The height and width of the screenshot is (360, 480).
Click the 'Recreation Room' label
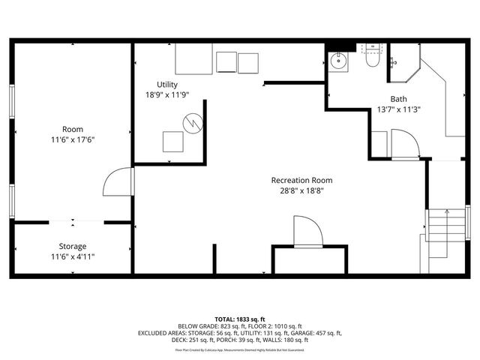[x=301, y=180]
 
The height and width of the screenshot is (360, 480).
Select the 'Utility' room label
[x=167, y=84]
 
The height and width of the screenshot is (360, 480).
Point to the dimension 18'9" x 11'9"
[x=167, y=95]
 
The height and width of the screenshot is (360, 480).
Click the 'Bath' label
[x=398, y=99]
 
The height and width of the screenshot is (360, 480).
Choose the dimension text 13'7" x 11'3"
[x=398, y=109]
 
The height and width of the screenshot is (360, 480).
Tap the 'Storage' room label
[x=73, y=246]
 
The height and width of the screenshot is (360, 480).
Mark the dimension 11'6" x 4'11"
[x=73, y=256]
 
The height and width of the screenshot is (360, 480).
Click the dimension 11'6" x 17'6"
[x=73, y=139]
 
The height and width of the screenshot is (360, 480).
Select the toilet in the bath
[x=372, y=59]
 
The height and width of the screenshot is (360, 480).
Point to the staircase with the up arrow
[x=445, y=232]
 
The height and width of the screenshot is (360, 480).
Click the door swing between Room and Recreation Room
[x=118, y=182]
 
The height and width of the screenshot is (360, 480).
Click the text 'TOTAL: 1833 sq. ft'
[x=240, y=319]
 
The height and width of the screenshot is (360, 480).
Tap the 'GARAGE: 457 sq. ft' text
[x=316, y=333]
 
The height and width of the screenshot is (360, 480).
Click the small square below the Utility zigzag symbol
[x=173, y=141]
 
